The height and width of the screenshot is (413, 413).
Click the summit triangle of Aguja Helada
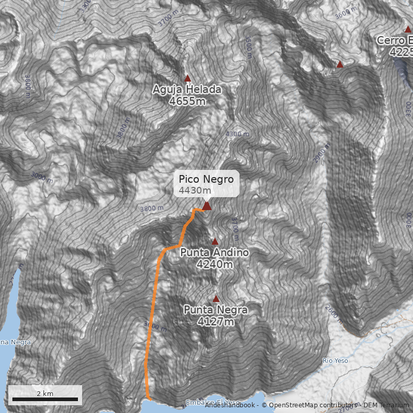click(x=188, y=78)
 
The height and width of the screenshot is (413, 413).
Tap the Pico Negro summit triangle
click(x=206, y=206)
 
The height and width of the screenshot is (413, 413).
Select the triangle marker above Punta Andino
click(x=215, y=241)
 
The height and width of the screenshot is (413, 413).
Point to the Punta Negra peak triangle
click(x=216, y=298)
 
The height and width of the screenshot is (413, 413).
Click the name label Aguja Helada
click(x=187, y=90)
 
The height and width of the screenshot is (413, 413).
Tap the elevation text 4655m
click(x=187, y=101)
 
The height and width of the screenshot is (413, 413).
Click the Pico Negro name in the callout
click(x=206, y=179)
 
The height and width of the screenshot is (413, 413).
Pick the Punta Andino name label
click(x=214, y=252)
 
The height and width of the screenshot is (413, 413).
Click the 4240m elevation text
click(x=214, y=264)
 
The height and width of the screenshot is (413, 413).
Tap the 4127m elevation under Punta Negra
click(x=216, y=322)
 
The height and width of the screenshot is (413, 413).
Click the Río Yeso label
click(x=335, y=360)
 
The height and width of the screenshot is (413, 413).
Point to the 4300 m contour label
click(x=237, y=134)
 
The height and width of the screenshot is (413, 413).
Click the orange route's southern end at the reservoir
click(x=149, y=398)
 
